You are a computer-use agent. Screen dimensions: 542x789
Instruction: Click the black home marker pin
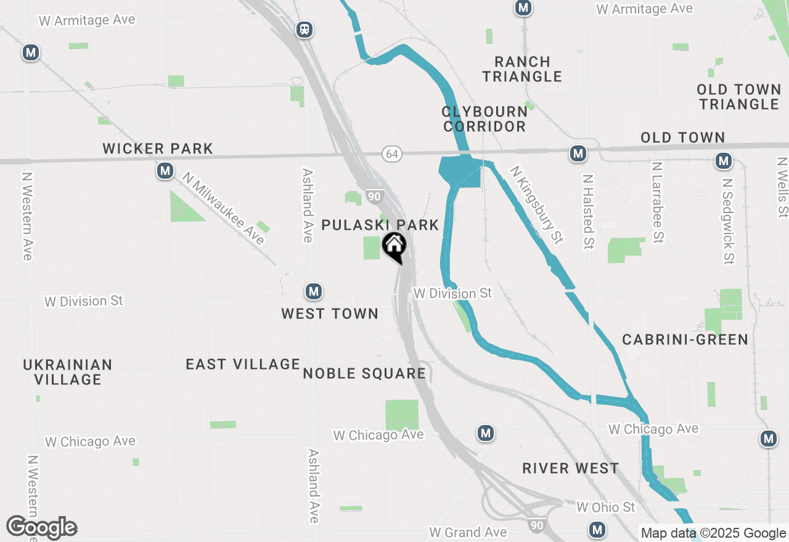click(394, 247)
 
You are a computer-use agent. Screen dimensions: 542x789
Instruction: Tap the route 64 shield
click(393, 153)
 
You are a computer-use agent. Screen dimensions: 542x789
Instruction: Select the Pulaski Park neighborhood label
click(380, 225)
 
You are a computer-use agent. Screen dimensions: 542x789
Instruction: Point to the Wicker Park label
click(158, 148)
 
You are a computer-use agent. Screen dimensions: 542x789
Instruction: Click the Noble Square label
click(364, 373)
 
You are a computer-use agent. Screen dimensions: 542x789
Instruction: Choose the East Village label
click(243, 364)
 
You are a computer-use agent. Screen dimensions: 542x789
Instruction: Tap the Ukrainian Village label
click(68, 372)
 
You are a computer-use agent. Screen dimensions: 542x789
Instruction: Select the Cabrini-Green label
click(685, 339)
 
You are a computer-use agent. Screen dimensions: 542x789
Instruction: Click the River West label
click(570, 468)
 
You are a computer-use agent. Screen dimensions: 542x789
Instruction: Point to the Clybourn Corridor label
click(484, 119)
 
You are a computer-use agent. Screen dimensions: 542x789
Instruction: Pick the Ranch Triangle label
click(522, 69)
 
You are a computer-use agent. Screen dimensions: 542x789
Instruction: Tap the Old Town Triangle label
click(739, 97)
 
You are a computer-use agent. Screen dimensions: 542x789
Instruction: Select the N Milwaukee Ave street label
click(223, 208)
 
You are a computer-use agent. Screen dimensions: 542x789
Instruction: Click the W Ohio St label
click(605, 507)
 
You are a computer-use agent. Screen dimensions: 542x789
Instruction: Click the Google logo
click(41, 528)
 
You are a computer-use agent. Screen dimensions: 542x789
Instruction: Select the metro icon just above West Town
click(314, 291)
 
